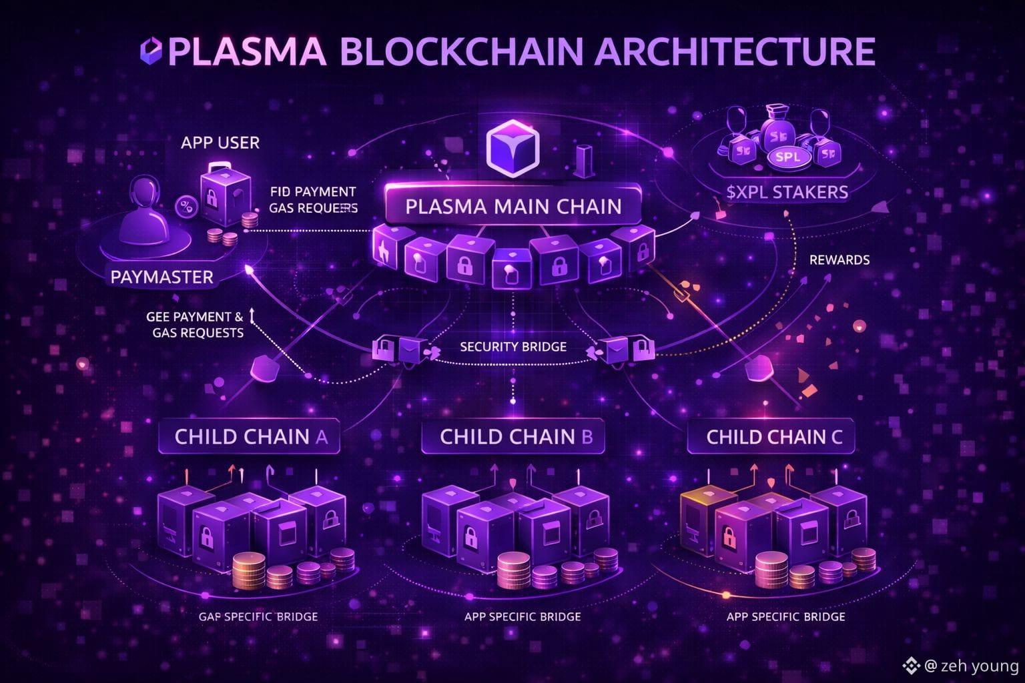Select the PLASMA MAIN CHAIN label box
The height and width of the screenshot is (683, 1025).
click(513, 205)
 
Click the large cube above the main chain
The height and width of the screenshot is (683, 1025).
click(512, 149)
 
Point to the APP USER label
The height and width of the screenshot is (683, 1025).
click(220, 142)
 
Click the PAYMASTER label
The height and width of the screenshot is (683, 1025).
click(162, 277)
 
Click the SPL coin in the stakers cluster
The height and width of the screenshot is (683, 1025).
click(788, 157)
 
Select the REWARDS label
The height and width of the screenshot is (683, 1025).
click(839, 259)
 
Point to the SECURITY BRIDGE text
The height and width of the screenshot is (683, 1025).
click(512, 346)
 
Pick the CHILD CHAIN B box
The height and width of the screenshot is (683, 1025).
click(516, 437)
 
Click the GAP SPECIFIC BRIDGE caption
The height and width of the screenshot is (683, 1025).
click(258, 616)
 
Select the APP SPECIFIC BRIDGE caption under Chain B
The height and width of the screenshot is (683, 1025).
click(523, 616)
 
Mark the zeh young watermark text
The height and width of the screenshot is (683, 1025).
click(979, 666)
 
